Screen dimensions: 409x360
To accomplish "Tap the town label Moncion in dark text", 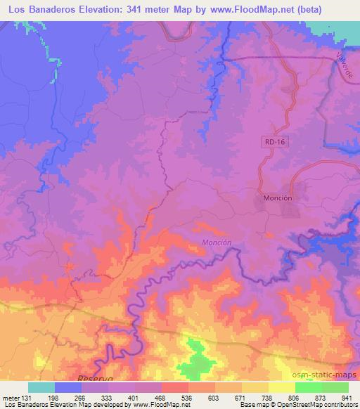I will point(277,198).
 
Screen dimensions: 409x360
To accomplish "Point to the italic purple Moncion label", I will point(217,243).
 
